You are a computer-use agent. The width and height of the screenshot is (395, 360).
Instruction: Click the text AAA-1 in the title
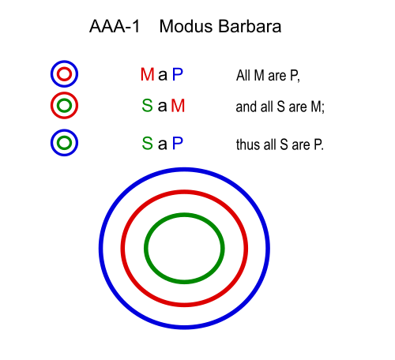coord(115,27)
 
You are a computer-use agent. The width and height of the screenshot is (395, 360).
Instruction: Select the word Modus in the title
coord(186,27)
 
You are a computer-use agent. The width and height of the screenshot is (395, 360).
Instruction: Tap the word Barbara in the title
coord(250,27)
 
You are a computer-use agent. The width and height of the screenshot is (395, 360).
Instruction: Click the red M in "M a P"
coord(147,74)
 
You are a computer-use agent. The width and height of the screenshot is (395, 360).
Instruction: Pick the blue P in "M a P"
coord(178,74)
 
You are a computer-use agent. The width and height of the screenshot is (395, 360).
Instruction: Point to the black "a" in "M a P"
coord(163,76)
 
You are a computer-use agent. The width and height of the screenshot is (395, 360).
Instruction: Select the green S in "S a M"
coord(147,106)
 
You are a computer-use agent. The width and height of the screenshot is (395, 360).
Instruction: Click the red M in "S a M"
coord(178,106)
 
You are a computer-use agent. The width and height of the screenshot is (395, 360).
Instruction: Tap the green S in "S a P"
coord(147,144)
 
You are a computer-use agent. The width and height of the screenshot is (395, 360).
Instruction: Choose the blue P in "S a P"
coord(178,144)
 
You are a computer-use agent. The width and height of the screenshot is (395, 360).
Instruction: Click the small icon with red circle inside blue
coord(64,62)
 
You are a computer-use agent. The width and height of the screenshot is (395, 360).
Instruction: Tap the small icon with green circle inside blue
coord(64,130)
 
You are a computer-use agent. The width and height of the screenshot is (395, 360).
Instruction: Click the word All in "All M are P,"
coord(243,76)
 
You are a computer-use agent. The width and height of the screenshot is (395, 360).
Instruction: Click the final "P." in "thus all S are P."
coord(318,144)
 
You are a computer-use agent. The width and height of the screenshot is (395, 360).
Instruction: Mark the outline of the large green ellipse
coord(184,215)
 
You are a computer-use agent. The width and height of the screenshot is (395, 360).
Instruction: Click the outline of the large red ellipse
coord(184,192)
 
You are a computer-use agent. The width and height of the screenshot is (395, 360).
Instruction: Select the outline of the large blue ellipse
coord(184,169)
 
